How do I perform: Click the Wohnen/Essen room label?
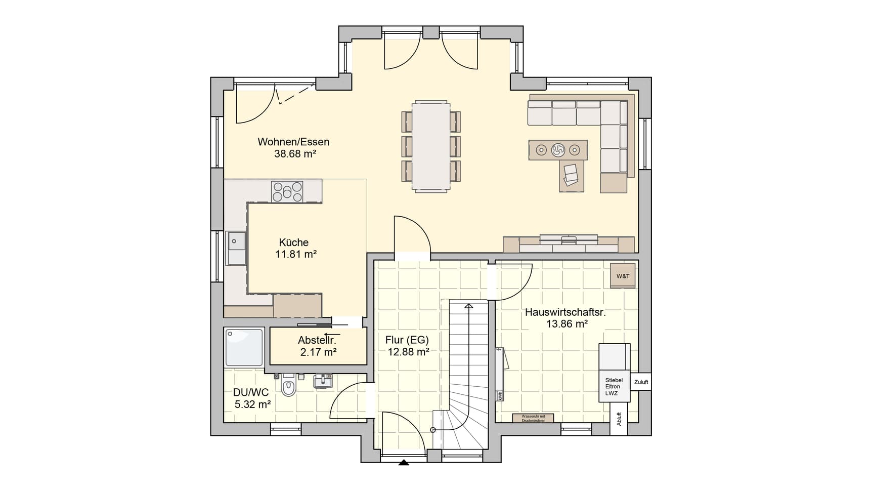click(x=293, y=142)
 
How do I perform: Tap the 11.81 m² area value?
click(x=296, y=255)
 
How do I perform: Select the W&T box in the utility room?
click(x=623, y=276)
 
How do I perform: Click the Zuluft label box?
click(x=641, y=382)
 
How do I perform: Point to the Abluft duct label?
click(x=619, y=419)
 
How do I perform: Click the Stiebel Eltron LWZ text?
click(x=614, y=387)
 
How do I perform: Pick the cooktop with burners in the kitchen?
click(x=287, y=192)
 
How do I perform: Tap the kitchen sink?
click(x=236, y=248)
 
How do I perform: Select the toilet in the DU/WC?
click(x=288, y=387)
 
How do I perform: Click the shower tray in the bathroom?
click(x=244, y=347)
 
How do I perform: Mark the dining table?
click(x=430, y=146)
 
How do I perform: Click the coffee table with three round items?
click(x=558, y=150)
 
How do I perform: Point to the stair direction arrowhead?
click(x=469, y=306)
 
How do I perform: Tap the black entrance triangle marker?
click(x=404, y=462)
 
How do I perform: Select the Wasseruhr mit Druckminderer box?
click(x=533, y=418)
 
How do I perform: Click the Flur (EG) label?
click(x=407, y=340)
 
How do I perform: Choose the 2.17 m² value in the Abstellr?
click(x=319, y=352)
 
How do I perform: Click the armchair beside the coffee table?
click(x=571, y=175)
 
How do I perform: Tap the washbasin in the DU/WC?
click(x=323, y=381)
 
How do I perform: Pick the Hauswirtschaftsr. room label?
click(x=565, y=312)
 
